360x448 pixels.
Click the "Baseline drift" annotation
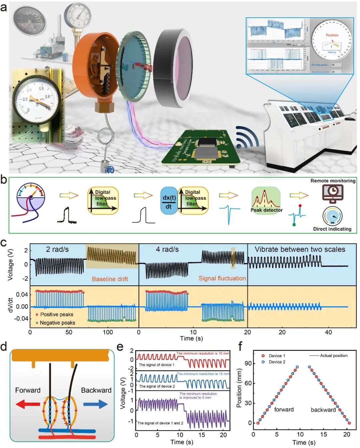pos(110,279)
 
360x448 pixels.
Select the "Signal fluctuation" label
pos(222,278)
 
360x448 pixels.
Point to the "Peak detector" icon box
pos(266,200)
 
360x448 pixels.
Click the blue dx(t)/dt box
pos(169,200)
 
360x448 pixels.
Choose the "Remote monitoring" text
pos(333,181)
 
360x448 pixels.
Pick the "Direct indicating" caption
pos(332,229)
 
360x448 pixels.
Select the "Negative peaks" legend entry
pos(55,323)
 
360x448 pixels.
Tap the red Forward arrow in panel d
pos(28,405)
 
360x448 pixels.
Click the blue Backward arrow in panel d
pos(96,405)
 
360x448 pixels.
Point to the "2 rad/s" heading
pos(57,249)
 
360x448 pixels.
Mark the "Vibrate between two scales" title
pos(300,249)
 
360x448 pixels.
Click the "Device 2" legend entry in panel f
pos(274,362)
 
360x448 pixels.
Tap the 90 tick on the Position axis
pos(248,363)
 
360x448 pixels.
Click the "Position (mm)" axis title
pos(239,388)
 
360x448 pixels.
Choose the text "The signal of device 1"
pos(156,365)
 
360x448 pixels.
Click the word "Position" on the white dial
pos(332,35)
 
